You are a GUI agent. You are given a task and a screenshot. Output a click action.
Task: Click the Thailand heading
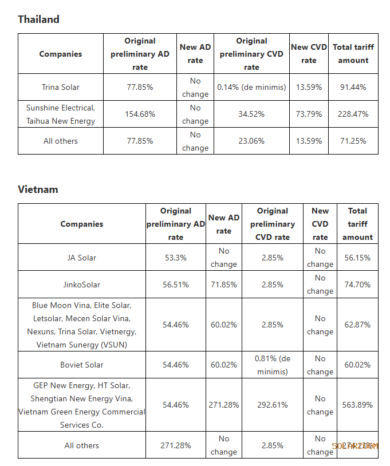tap(38, 19)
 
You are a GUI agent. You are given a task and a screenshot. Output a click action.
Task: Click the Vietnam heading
tap(38, 189)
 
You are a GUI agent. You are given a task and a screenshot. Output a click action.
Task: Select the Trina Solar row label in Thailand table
tap(61, 88)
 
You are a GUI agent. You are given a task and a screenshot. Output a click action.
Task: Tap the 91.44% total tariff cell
tap(353, 88)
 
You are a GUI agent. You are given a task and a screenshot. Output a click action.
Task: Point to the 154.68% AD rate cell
tap(140, 114)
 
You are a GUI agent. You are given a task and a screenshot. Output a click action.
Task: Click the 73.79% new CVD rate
tap(309, 114)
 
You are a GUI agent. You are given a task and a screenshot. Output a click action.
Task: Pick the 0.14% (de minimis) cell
tap(251, 88)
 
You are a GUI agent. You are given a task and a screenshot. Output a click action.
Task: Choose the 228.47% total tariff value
tap(353, 114)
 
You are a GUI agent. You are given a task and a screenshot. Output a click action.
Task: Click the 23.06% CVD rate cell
tap(251, 141)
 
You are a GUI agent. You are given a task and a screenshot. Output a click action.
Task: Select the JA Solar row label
tap(81, 258)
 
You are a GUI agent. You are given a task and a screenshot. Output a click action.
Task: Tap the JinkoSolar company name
tap(81, 285)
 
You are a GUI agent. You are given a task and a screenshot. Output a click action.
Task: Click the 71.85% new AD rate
tap(223, 285)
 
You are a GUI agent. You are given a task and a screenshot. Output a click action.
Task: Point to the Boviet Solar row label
tap(81, 365)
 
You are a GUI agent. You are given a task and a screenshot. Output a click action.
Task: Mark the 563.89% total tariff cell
tap(357, 405)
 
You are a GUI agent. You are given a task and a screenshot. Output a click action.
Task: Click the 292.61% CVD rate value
tap(272, 405)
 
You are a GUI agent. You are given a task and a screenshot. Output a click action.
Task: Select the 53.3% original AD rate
tap(175, 258)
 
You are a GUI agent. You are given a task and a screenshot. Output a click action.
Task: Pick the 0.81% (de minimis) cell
tap(272, 365)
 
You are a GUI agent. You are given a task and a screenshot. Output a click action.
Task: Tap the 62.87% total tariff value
tap(357, 325)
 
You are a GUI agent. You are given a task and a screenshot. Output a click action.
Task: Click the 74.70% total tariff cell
tap(357, 285)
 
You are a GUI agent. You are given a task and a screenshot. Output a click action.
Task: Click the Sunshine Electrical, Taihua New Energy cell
tap(61, 114)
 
